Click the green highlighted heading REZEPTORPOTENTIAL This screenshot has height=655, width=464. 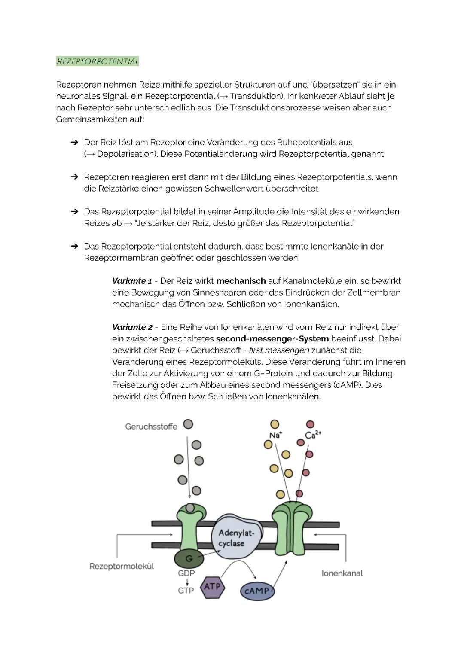98,61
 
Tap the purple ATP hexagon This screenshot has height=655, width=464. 212,587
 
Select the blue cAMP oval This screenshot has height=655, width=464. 256,591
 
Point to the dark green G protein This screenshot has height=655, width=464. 189,558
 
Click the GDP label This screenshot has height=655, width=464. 186,573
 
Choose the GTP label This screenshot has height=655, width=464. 186,591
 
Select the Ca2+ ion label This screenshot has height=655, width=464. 313,435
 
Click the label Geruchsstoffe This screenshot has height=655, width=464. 151,427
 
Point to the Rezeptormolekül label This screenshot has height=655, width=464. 122,566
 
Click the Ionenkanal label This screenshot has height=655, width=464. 342,573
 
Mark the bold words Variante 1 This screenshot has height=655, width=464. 132,281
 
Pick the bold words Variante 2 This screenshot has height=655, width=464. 132,327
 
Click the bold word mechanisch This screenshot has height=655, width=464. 241,281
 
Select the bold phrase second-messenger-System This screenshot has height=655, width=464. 272,339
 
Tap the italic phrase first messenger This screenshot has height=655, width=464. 279,350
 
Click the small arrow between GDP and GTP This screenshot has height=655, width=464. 187,582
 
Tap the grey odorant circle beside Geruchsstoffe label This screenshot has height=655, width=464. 188,424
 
